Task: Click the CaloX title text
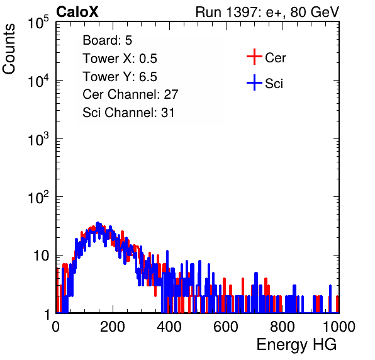coord(77,12)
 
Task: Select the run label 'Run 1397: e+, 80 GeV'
coord(267,12)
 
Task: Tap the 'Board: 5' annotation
coord(108,40)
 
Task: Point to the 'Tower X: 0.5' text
coord(120,59)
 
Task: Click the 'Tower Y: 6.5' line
coord(120,77)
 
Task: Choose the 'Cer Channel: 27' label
coord(130,94)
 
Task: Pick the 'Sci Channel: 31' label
coord(128,113)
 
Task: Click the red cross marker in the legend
coord(254,57)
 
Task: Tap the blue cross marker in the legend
coord(254,82)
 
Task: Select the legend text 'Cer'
coord(276,58)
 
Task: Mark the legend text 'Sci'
coord(274,84)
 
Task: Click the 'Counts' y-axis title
coord(9,49)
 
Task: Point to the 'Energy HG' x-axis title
coord(296,345)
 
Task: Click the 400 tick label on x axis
coord(169,327)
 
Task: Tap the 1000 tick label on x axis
coord(339,327)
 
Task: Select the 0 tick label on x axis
coord(56,327)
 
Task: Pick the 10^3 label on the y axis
coord(38,139)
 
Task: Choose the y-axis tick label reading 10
coord(41,256)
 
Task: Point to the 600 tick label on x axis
coord(225,327)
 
